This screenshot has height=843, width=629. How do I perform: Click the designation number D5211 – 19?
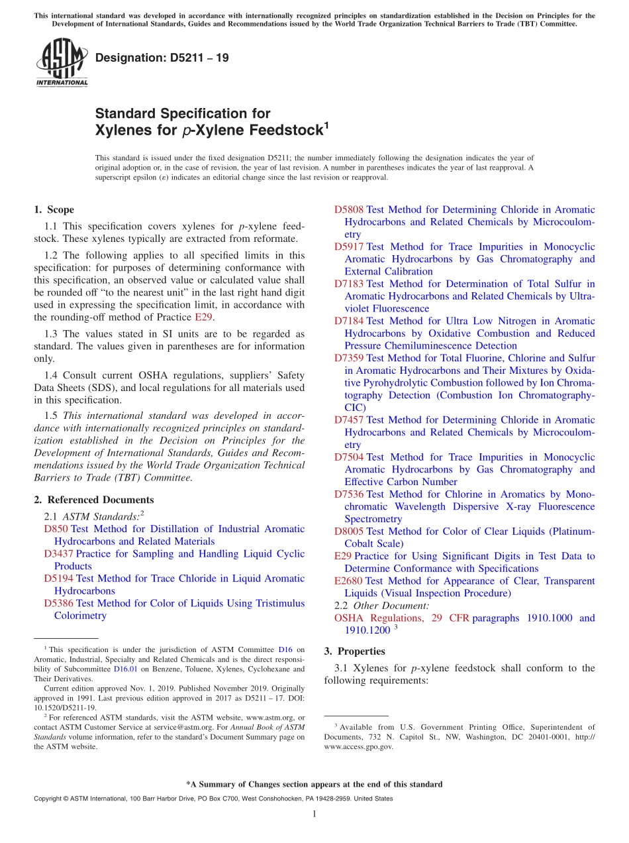(x=162, y=58)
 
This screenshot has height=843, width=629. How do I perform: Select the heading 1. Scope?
(x=54, y=209)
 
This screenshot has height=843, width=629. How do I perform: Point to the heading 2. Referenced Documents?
(x=93, y=500)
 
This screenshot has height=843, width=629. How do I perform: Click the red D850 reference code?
(x=56, y=529)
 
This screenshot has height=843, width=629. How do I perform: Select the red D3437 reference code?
(x=58, y=553)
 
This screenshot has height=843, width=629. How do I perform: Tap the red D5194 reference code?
(x=58, y=579)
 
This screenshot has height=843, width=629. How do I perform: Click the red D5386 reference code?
(x=58, y=603)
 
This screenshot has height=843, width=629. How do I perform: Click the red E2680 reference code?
(x=348, y=581)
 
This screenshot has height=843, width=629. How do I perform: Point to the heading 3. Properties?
(x=354, y=651)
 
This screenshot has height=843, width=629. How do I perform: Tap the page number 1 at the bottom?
(x=314, y=814)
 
